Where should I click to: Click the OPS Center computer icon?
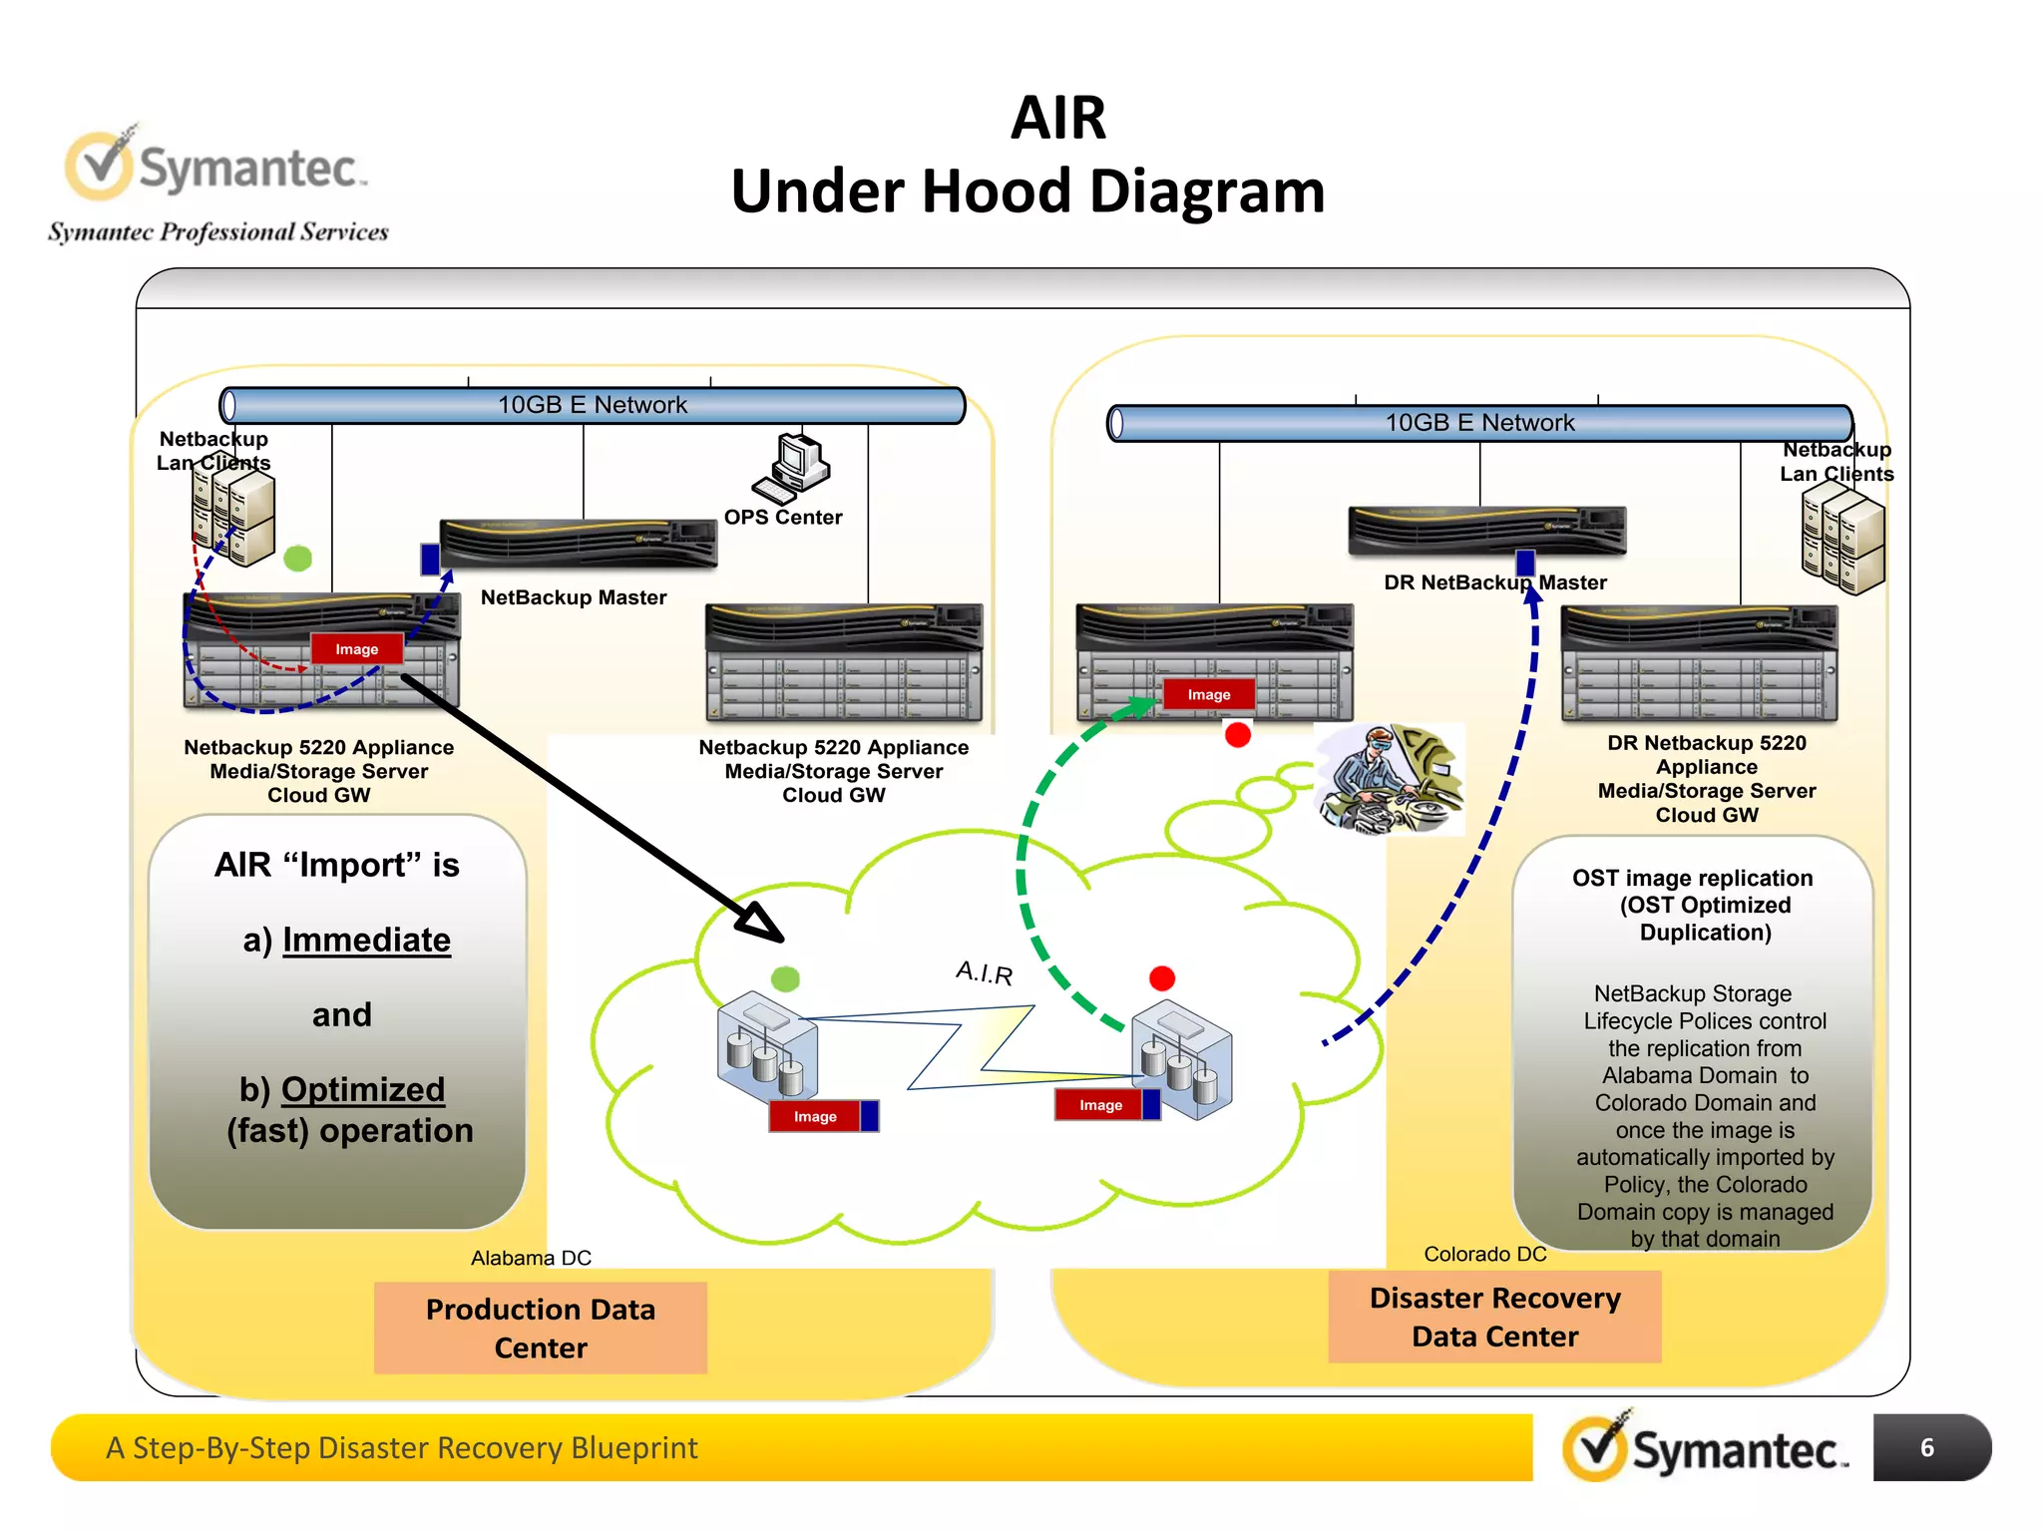click(795, 468)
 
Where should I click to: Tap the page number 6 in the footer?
click(1926, 1447)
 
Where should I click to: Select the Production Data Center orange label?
click(540, 1328)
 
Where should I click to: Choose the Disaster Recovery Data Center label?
click(1493, 1317)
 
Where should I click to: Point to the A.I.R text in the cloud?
click(984, 972)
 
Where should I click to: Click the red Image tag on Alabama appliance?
click(356, 649)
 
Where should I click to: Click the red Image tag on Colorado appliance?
click(1208, 694)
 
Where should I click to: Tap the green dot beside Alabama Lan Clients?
click(298, 559)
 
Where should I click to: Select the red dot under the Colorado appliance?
click(1238, 735)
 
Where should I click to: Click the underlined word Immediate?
click(366, 940)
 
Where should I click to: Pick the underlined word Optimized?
click(362, 1089)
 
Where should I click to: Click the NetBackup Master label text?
click(574, 597)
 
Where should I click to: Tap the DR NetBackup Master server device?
click(1486, 530)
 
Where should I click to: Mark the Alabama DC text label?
click(531, 1258)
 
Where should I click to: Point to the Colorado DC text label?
click(1484, 1254)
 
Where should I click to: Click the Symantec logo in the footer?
click(1705, 1447)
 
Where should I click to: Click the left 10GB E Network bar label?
click(593, 405)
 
